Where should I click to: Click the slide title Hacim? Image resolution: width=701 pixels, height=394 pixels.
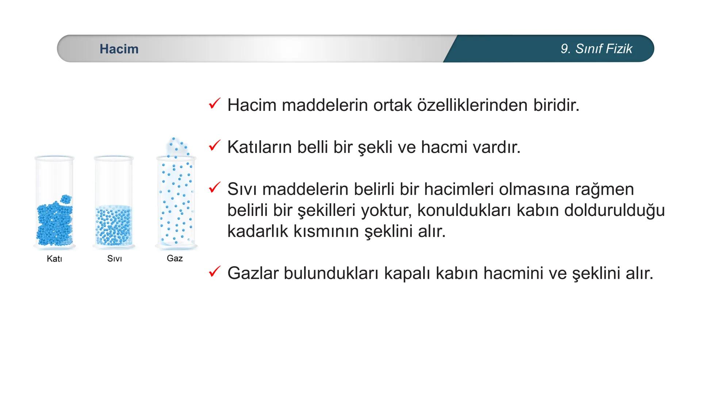[119, 49]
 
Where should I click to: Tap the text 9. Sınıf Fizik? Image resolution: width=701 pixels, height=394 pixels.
[596, 49]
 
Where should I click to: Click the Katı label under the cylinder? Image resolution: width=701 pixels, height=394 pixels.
[54, 259]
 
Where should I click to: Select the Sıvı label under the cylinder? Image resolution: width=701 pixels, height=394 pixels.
[114, 259]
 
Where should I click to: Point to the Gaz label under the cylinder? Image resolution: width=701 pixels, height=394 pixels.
[175, 258]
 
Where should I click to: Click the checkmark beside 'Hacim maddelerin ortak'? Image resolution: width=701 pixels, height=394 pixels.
[214, 104]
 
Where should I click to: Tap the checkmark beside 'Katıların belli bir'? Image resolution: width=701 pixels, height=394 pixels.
[214, 146]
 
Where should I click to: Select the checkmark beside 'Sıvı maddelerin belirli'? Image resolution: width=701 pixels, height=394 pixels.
[214, 188]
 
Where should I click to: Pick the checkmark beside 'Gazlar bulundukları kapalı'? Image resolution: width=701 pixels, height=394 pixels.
[214, 272]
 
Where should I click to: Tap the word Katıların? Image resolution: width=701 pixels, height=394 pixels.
[259, 147]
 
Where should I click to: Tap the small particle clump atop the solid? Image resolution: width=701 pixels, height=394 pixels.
[66, 199]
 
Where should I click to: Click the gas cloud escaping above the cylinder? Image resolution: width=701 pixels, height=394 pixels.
[176, 146]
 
